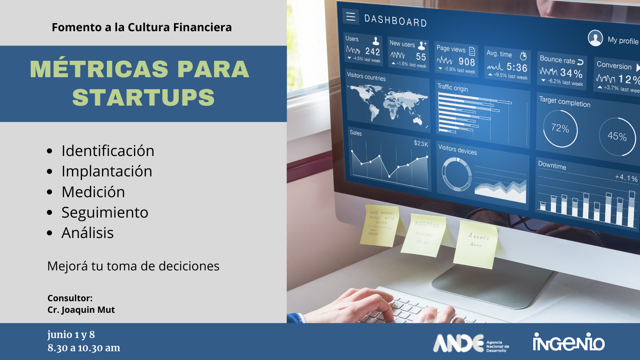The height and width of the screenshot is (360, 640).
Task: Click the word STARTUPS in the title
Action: (x=143, y=98)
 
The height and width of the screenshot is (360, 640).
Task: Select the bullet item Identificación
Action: (x=108, y=151)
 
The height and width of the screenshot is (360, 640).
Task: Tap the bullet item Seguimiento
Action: (x=105, y=212)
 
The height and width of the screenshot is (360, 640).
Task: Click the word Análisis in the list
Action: (x=88, y=233)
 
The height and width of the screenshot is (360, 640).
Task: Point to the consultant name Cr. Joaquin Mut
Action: (x=81, y=310)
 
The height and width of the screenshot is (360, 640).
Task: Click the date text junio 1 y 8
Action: (x=71, y=334)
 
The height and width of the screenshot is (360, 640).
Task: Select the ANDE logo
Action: (x=470, y=343)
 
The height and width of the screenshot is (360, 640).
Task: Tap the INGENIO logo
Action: (x=568, y=342)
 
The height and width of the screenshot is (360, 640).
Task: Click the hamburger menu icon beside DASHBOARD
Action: (x=351, y=16)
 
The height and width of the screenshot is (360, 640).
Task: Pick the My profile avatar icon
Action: (x=595, y=38)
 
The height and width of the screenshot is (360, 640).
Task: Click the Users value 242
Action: (x=372, y=51)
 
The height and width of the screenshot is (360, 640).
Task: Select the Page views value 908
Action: (x=467, y=62)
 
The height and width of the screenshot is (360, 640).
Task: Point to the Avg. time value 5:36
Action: (x=517, y=67)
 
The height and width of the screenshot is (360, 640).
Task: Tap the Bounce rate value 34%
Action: (x=571, y=73)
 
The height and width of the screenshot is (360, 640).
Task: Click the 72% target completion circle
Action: (x=560, y=128)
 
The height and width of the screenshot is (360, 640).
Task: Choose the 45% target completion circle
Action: (x=617, y=136)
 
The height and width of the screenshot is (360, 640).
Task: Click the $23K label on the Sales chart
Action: (x=421, y=143)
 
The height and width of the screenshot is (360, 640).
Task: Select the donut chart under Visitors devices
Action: (x=456, y=174)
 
